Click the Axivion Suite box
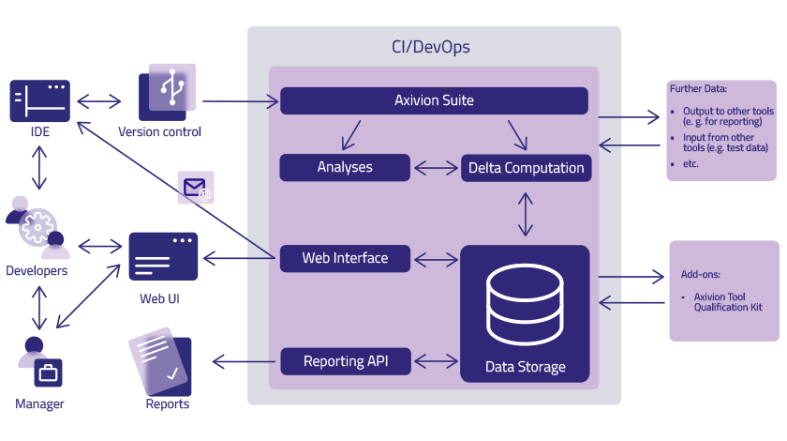pyautogui.click(x=434, y=100)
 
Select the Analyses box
pyautogui.click(x=345, y=168)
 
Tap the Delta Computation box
pyautogui.click(x=526, y=169)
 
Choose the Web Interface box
pyautogui.click(x=345, y=258)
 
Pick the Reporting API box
pyautogui.click(x=345, y=361)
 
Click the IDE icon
pyautogui.click(x=40, y=100)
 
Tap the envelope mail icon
pyautogui.click(x=196, y=190)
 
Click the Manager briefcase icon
pyautogui.click(x=47, y=373)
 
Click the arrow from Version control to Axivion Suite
pyautogui.click(x=241, y=100)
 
